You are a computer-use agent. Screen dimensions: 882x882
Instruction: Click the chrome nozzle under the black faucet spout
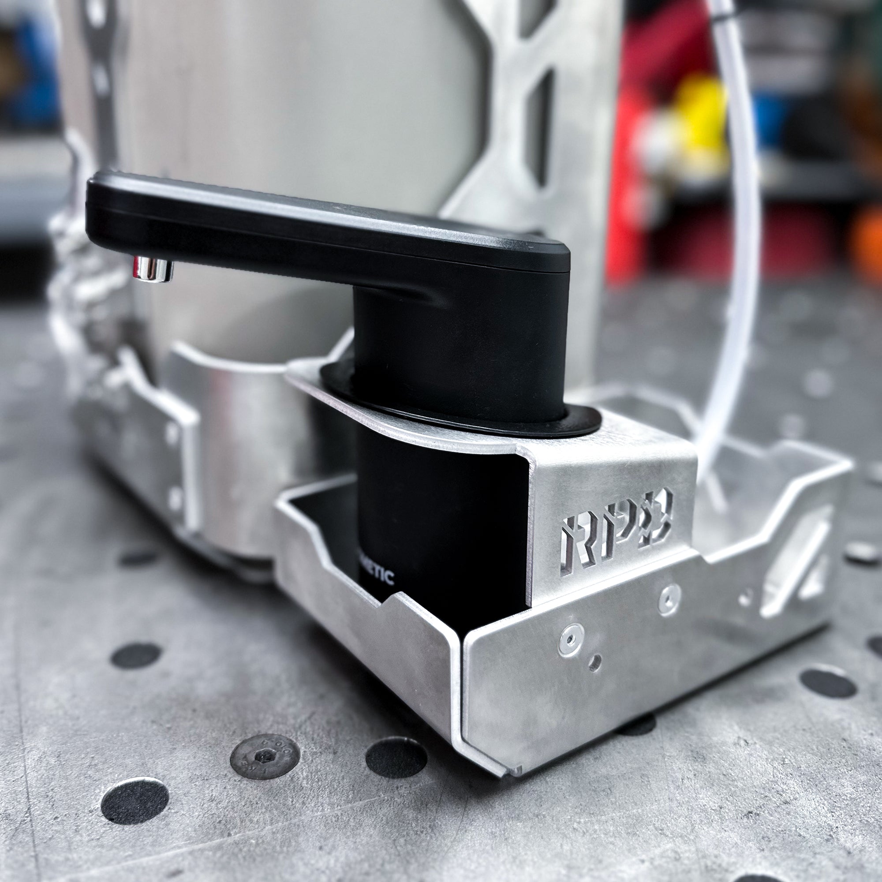pos(153,269)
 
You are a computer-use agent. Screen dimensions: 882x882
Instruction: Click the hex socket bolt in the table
pos(264,756)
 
